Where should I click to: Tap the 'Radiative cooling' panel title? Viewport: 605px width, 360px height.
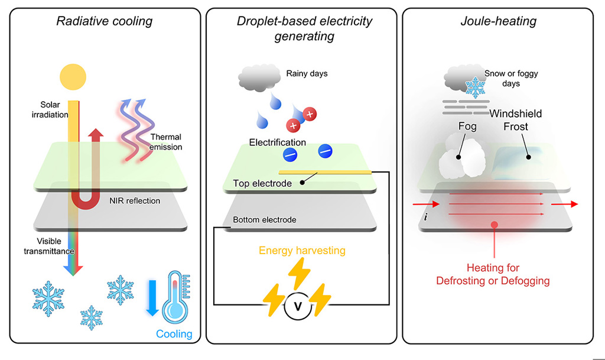tap(104, 22)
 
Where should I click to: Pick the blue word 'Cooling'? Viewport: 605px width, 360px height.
tap(174, 334)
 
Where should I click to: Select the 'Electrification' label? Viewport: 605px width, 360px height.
tap(277, 142)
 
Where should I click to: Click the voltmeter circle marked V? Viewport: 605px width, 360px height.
tap(298, 306)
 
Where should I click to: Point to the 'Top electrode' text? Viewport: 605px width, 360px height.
tap(262, 183)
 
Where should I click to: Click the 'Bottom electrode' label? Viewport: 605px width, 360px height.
tap(265, 219)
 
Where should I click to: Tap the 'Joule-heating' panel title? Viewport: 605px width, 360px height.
tap(498, 22)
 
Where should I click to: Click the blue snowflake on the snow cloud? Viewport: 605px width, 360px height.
tap(476, 87)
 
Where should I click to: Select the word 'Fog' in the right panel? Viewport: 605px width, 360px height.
tap(467, 127)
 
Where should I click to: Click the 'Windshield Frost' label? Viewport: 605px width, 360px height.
tap(515, 120)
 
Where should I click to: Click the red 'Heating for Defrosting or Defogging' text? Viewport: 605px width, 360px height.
tap(493, 275)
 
